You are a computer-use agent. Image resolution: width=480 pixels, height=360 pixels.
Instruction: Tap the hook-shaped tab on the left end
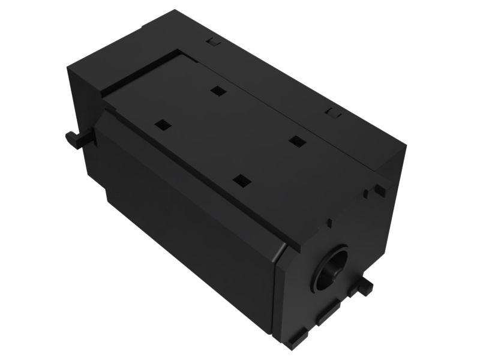pyautogui.click(x=76, y=139)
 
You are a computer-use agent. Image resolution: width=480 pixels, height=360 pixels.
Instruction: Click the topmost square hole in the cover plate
pyautogui.click(x=217, y=91)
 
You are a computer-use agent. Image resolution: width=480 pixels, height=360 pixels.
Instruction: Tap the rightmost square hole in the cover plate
pyautogui.click(x=295, y=141)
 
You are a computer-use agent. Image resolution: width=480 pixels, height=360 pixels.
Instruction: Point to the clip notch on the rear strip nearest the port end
pyautogui.click(x=331, y=112)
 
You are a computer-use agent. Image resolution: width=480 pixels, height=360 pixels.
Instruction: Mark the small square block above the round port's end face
pyautogui.click(x=379, y=190)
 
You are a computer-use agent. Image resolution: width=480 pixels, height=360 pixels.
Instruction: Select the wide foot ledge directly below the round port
pyautogui.click(x=329, y=315)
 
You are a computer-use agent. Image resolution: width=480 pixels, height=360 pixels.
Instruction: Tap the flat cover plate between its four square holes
pyautogui.click(x=228, y=135)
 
